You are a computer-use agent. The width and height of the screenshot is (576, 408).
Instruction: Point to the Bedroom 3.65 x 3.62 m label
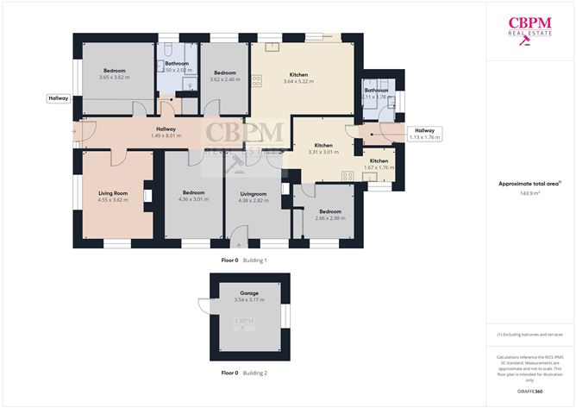pyautogui.click(x=115, y=73)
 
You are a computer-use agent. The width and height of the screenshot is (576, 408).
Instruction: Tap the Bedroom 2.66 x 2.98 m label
pyautogui.click(x=329, y=215)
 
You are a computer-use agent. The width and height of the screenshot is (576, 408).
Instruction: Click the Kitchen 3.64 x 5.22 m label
pyautogui.click(x=299, y=78)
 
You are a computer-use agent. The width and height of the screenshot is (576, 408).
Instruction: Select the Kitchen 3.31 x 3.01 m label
pyautogui.click(x=323, y=148)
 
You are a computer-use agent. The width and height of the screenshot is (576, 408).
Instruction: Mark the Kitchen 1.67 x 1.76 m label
pyautogui.click(x=379, y=165)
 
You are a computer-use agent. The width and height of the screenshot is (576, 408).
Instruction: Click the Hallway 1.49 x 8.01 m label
pyautogui.click(x=169, y=132)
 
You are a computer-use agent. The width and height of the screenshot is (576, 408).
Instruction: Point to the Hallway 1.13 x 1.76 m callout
pyautogui.click(x=423, y=134)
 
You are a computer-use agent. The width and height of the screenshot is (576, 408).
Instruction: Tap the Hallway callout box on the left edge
pyautogui.click(x=58, y=98)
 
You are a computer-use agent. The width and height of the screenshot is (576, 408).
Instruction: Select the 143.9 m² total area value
pyautogui.click(x=529, y=194)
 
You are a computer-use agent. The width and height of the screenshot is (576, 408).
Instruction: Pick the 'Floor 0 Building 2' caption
pyautogui.click(x=244, y=373)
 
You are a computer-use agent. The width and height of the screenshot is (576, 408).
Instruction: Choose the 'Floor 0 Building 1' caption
pyautogui.click(x=244, y=260)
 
